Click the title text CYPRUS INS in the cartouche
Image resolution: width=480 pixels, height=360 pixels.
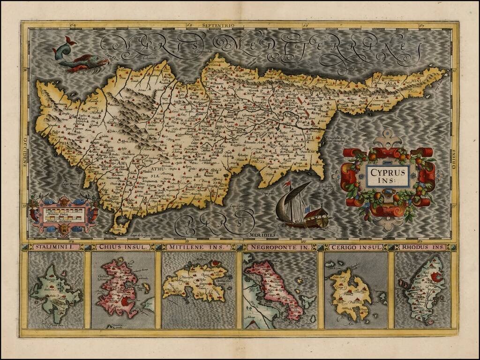click(x=387, y=175)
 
